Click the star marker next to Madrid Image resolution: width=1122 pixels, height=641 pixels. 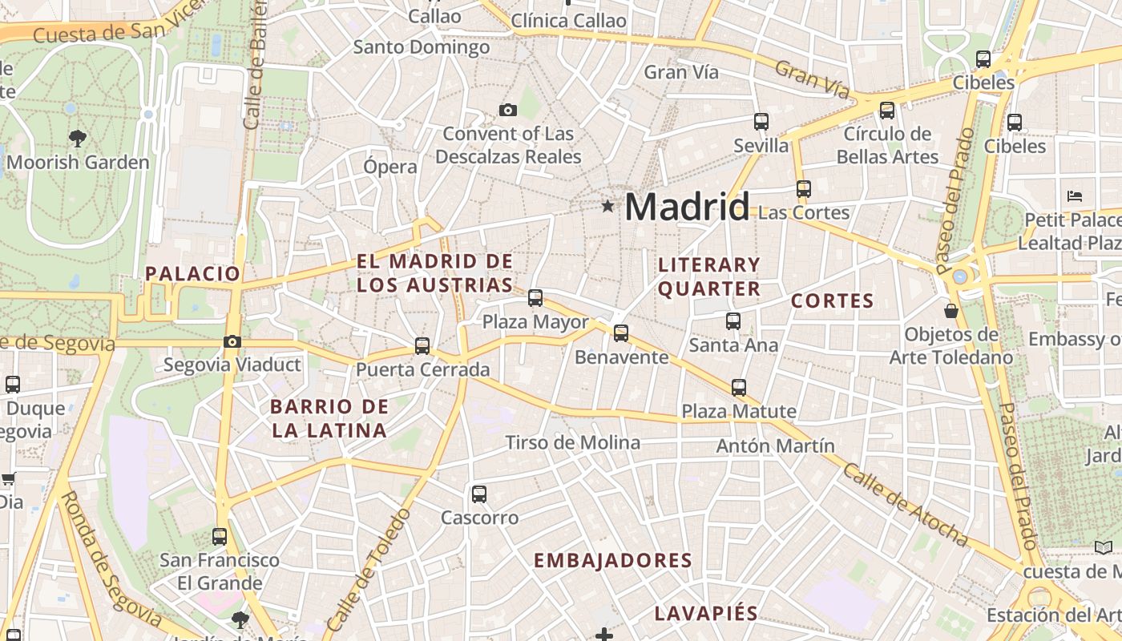coord(607,207)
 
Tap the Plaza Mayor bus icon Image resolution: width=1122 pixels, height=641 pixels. coord(535,298)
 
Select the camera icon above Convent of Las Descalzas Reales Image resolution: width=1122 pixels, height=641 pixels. coord(507,110)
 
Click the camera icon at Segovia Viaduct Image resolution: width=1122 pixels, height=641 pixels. coord(232,341)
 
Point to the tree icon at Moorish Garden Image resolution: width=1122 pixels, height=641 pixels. coord(77,139)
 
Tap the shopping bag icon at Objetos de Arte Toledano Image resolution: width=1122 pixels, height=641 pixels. coord(951,310)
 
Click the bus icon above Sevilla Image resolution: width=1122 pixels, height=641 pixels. coord(761,122)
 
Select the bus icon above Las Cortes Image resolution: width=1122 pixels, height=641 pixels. coord(804,189)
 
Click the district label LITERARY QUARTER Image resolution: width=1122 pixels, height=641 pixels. coord(708,276)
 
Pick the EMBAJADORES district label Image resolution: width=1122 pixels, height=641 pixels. coord(613,560)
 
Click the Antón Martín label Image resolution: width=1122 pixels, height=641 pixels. coord(775,445)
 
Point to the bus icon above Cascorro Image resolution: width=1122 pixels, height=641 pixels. coord(479,494)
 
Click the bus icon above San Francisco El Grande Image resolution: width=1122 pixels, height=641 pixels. coord(220,536)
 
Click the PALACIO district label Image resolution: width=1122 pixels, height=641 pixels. coord(192,273)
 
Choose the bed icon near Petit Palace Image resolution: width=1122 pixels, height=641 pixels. coord(1075,196)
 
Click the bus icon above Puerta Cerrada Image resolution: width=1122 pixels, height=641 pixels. coord(422,346)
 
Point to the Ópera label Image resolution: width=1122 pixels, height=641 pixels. coord(390,167)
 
